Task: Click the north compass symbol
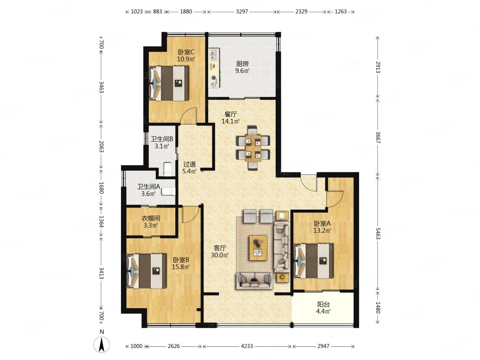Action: pyautogui.click(x=101, y=344)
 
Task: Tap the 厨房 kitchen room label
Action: pyautogui.click(x=242, y=64)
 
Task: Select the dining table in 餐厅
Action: pyautogui.click(x=253, y=148)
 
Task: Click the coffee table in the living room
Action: pyautogui.click(x=258, y=248)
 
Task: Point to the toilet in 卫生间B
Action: pyautogui.click(x=168, y=169)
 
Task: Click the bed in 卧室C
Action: pyautogui.click(x=169, y=83)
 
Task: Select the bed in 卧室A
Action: pyautogui.click(x=313, y=261)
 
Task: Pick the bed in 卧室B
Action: pyautogui.click(x=147, y=271)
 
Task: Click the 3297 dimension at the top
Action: pyautogui.click(x=242, y=11)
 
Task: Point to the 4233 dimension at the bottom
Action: pyautogui.click(x=247, y=346)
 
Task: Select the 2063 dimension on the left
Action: pyautogui.click(x=101, y=146)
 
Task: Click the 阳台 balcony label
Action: pyautogui.click(x=323, y=304)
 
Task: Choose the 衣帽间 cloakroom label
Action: pyautogui.click(x=151, y=218)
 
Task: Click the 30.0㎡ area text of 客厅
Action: pyautogui.click(x=220, y=255)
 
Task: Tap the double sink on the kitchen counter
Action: pyautogui.click(x=214, y=54)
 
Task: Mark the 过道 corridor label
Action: pyautogui.click(x=189, y=164)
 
